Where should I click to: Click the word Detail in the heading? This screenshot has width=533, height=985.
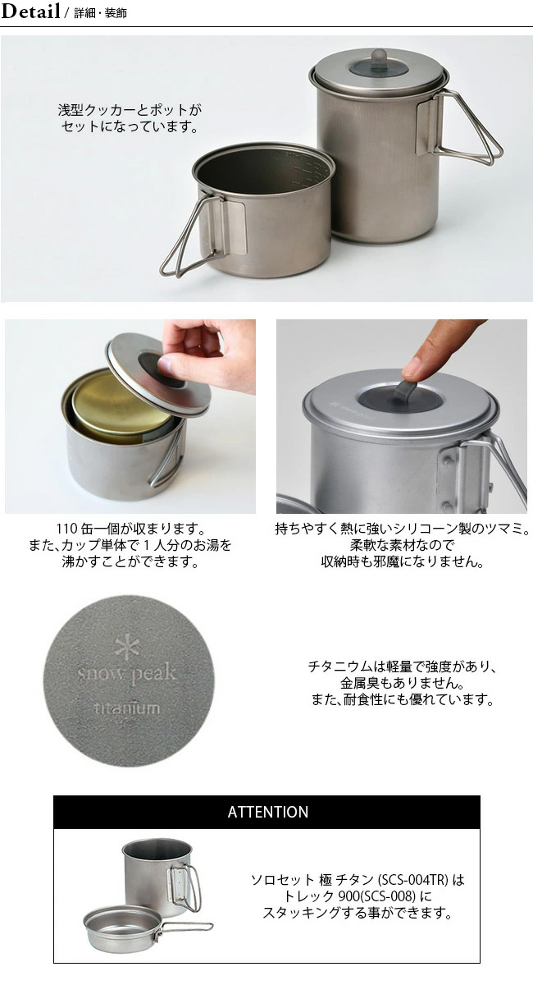(30, 11)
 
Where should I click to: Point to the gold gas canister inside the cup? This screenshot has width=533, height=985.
(123, 402)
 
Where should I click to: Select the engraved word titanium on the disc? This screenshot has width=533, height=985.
(127, 708)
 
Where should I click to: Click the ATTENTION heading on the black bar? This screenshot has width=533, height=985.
(268, 812)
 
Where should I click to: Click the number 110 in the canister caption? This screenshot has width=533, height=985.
(67, 528)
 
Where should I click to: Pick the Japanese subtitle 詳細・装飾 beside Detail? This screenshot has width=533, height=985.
(101, 13)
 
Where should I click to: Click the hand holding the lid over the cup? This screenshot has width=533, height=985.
(207, 352)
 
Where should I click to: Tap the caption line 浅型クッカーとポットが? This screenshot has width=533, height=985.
(130, 110)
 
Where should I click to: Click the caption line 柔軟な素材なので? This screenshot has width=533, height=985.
(402, 545)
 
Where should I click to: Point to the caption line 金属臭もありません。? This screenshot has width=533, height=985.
(402, 683)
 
